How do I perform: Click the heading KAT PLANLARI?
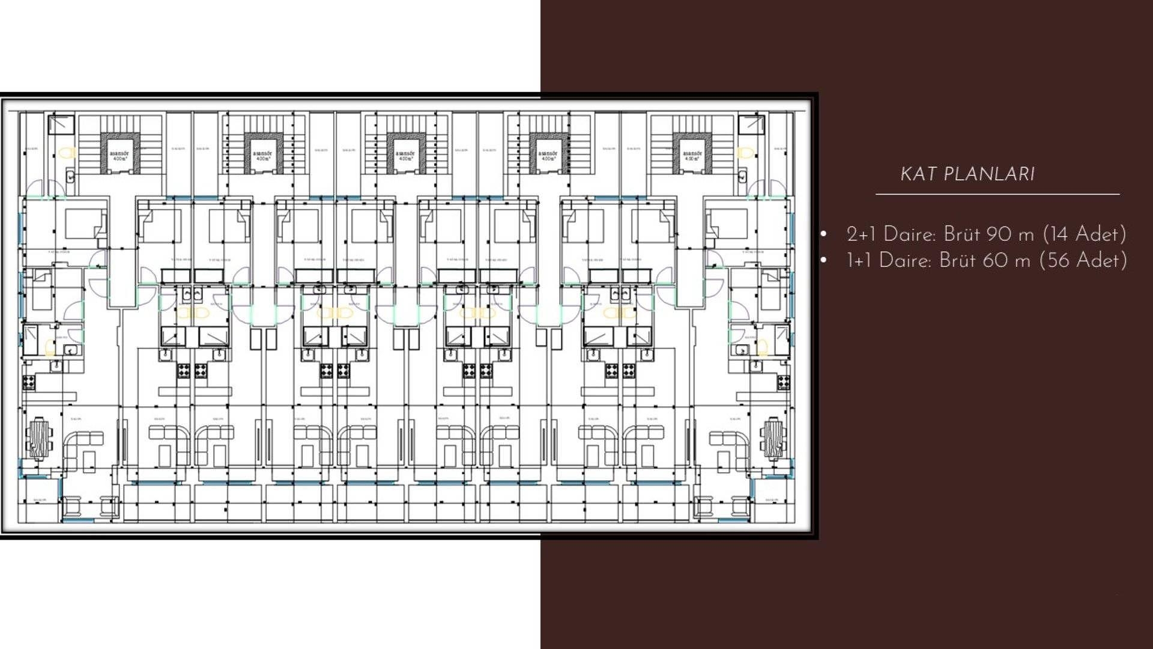[967, 174]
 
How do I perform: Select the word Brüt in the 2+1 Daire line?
[961, 234]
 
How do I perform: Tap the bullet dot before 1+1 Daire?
[824, 261]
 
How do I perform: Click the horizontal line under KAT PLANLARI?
[997, 194]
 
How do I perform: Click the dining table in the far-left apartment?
[40, 438]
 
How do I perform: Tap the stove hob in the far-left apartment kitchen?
[28, 382]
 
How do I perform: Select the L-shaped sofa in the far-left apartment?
[82, 448]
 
